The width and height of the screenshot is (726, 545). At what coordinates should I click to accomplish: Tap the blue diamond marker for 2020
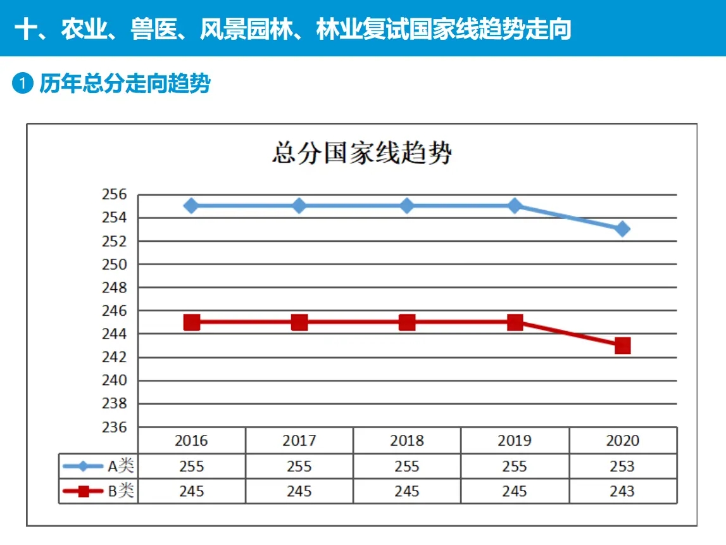[622, 229]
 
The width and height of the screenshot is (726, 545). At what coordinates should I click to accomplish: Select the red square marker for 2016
[192, 323]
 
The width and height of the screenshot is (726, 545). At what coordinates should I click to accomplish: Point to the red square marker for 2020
[622, 346]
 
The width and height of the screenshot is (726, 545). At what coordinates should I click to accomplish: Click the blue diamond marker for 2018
[407, 206]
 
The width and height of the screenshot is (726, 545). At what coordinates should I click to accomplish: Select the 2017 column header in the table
[299, 441]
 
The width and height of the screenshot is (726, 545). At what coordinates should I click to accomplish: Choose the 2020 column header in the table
[622, 441]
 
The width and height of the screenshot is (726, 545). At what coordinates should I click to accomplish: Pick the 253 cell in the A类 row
[622, 467]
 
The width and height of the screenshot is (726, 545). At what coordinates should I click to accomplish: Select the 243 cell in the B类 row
[622, 491]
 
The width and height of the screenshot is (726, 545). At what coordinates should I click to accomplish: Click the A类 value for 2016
[192, 467]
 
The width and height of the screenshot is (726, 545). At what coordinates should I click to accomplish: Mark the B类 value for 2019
[514, 491]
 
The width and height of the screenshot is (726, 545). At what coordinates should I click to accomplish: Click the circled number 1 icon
[22, 84]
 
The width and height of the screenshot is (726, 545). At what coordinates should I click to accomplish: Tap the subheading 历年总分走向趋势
[125, 84]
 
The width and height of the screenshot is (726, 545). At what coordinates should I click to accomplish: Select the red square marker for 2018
[407, 323]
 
